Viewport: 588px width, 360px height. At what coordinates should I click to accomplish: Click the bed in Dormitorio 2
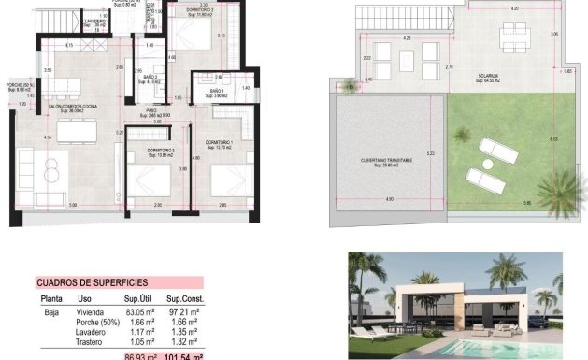pos(196,38)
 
